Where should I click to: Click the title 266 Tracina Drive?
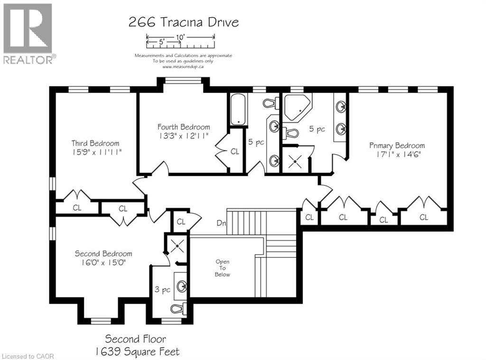[x=183, y=22]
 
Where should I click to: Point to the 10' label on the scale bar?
[x=180, y=37]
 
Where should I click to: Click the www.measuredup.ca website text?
[x=183, y=67]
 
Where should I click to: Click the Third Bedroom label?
[x=95, y=143]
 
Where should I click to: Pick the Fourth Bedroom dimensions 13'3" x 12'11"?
[x=184, y=136]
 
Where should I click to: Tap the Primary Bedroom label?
[x=397, y=146]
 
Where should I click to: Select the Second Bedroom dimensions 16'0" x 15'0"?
[x=103, y=262]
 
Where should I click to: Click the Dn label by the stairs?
[x=221, y=222]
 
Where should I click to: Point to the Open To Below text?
[x=223, y=268]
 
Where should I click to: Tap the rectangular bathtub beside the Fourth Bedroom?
[x=237, y=110]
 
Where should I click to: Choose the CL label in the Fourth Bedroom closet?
[x=235, y=152]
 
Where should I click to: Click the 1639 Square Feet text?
[x=136, y=351]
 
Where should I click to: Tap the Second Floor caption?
[x=136, y=339]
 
